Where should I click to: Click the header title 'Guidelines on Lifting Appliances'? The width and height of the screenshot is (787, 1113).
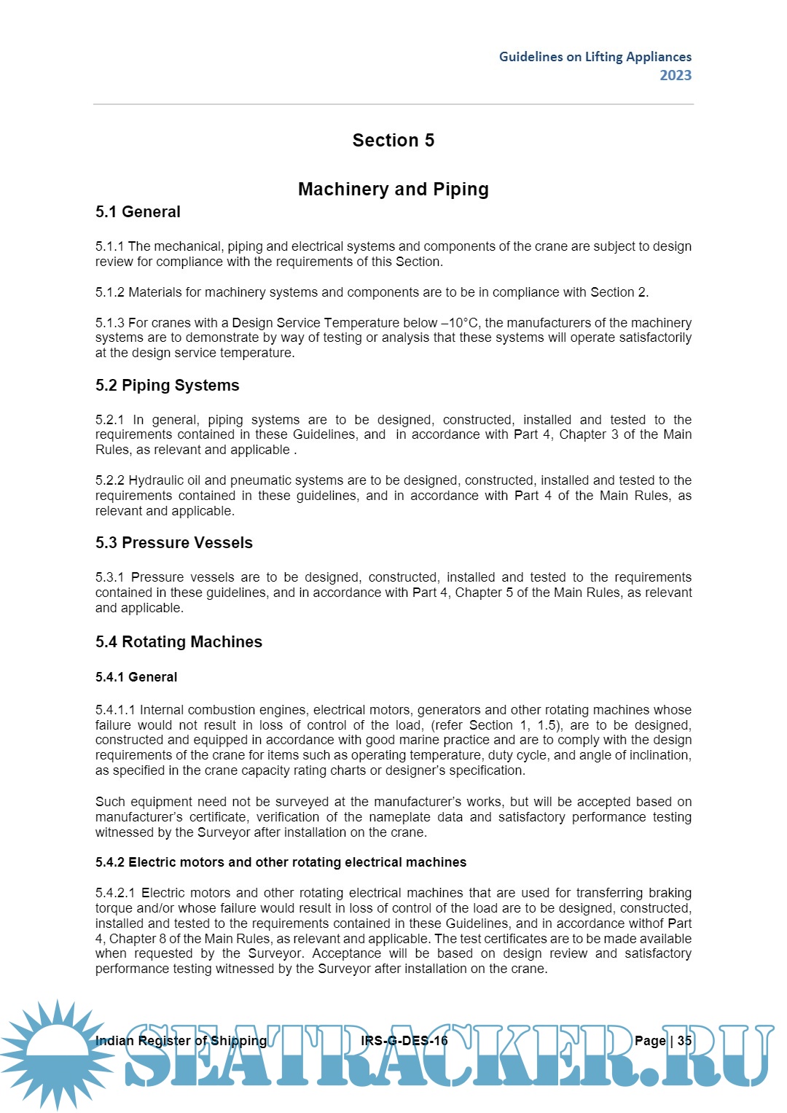pos(595,57)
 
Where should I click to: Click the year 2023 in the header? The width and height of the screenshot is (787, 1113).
pos(676,75)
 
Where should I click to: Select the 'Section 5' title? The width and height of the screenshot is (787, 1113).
pos(393,140)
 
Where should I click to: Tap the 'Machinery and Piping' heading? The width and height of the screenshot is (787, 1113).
pos(393,190)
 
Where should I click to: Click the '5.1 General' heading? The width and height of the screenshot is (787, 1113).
pos(138,212)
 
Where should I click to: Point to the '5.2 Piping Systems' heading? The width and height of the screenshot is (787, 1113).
pos(167,386)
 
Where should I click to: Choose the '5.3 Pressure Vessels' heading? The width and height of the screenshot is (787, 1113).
pos(173,543)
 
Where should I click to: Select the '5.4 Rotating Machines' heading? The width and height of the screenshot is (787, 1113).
pos(179,642)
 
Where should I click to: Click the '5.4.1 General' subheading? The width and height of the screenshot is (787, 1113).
pos(136,677)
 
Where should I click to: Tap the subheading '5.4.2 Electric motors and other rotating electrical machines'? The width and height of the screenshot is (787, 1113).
pos(281,862)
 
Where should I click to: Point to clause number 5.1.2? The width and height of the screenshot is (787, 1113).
pos(110,292)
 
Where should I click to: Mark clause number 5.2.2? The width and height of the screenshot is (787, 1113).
pos(110,480)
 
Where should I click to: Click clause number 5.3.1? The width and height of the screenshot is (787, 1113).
pos(110,577)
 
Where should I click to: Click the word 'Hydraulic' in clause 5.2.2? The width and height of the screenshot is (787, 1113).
pos(154,480)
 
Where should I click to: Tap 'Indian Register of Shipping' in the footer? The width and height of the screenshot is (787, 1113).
pos(181,1041)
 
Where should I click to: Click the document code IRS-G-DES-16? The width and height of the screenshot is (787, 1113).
pos(404,1041)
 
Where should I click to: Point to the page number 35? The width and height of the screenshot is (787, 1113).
pos(684,1041)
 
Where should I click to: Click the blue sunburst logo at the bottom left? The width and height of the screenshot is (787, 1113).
pos(57,1053)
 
